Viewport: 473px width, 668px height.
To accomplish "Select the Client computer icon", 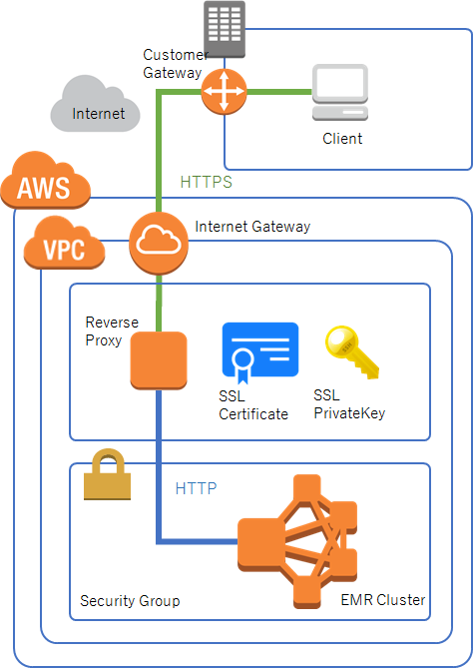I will click(340, 94).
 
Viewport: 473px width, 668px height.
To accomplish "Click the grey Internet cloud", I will click(96, 104).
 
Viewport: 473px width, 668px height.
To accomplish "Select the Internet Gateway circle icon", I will click(157, 243).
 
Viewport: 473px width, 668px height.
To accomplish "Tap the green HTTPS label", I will click(206, 183).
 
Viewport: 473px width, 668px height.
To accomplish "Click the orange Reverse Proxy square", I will click(159, 359).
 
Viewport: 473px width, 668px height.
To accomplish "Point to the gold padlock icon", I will click(107, 475).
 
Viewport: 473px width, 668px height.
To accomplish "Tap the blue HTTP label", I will click(196, 489).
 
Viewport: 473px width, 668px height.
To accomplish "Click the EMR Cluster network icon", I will click(297, 542).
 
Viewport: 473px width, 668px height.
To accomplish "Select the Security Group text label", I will click(130, 601).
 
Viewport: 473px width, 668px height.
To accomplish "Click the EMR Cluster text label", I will click(383, 600).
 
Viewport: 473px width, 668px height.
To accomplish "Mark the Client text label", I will click(342, 139).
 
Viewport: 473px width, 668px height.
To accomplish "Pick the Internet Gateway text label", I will click(252, 227).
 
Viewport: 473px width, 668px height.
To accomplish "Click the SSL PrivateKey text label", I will click(348, 404).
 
